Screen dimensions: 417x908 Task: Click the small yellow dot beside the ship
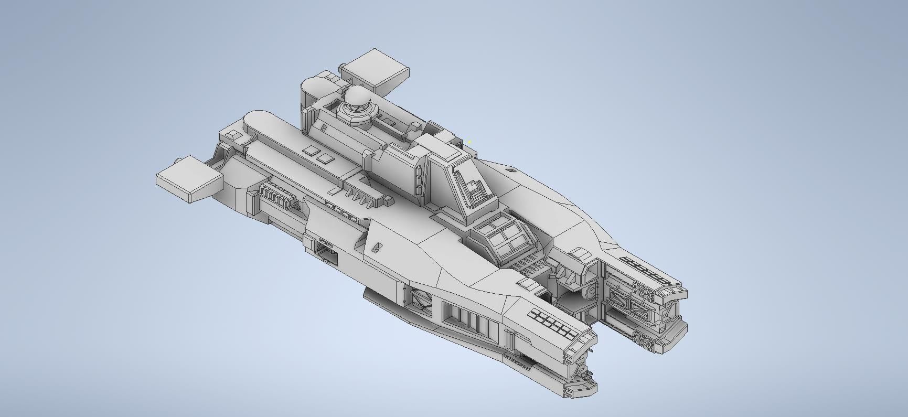click(x=470, y=141)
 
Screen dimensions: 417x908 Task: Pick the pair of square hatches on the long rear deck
click(x=318, y=154)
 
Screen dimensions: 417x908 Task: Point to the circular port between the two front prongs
click(x=592, y=290)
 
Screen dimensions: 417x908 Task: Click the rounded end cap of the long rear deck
click(x=257, y=119)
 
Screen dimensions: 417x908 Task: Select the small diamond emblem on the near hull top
click(x=376, y=247)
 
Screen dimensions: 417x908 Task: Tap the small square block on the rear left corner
click(x=233, y=136)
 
